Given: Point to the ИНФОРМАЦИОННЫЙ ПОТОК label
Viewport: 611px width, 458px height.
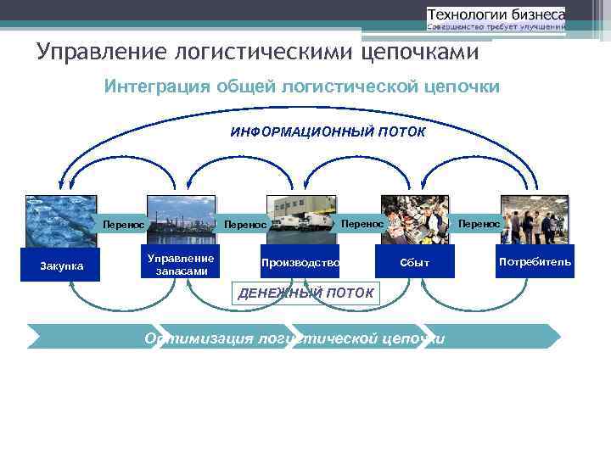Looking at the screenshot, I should click(x=328, y=133).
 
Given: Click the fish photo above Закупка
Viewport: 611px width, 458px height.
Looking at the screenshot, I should click(x=60, y=220).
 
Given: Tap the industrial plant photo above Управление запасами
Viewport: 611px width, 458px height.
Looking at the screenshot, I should click(x=181, y=220).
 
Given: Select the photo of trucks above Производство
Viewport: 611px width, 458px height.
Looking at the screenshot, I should click(x=301, y=220).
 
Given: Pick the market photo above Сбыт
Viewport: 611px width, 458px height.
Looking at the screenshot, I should click(x=415, y=220).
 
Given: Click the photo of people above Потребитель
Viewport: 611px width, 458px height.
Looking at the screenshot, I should click(x=535, y=220).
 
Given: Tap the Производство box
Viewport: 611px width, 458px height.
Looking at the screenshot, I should click(x=300, y=263).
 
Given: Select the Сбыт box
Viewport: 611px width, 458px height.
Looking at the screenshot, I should click(x=415, y=263).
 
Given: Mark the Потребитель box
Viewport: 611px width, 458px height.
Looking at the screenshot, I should click(x=535, y=261).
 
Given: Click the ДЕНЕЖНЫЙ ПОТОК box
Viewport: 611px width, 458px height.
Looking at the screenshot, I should click(x=305, y=293).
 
